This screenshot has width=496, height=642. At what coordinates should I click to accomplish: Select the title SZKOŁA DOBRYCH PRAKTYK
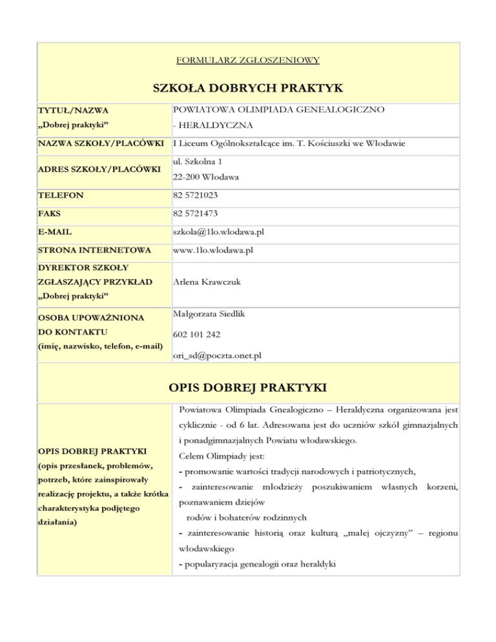click(x=248, y=87)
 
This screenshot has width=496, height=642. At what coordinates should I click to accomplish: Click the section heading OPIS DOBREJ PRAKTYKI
click(x=248, y=388)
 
